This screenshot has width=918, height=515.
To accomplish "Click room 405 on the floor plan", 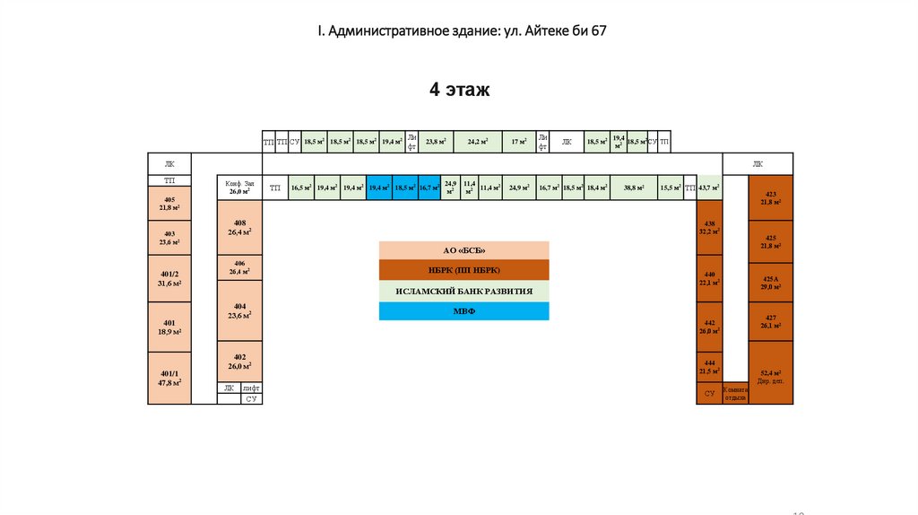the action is pos(169,203).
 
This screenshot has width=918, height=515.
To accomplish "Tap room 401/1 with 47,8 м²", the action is pos(169,378).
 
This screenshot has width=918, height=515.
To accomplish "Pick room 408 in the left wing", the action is pos(239,229).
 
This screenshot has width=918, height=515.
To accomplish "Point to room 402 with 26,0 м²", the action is pos(239,362).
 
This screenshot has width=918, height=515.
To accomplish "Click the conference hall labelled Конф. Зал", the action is pos(239,188).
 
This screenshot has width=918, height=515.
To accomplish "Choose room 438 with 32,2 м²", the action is pos(709,227).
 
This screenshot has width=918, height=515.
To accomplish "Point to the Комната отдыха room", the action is pos(735,393).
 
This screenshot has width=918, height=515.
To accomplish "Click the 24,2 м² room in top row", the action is pos(478,142).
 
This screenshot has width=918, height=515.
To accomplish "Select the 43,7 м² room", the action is pos(709,188).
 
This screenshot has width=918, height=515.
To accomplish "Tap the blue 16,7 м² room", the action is pos(429,188).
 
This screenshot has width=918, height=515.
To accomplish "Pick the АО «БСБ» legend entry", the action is pos(463,250).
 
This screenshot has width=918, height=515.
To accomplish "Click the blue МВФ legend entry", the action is pos(463,311).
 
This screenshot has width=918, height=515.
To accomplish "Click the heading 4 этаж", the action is pos(459,90).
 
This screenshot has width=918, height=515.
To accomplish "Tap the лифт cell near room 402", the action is pos(251,388).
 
